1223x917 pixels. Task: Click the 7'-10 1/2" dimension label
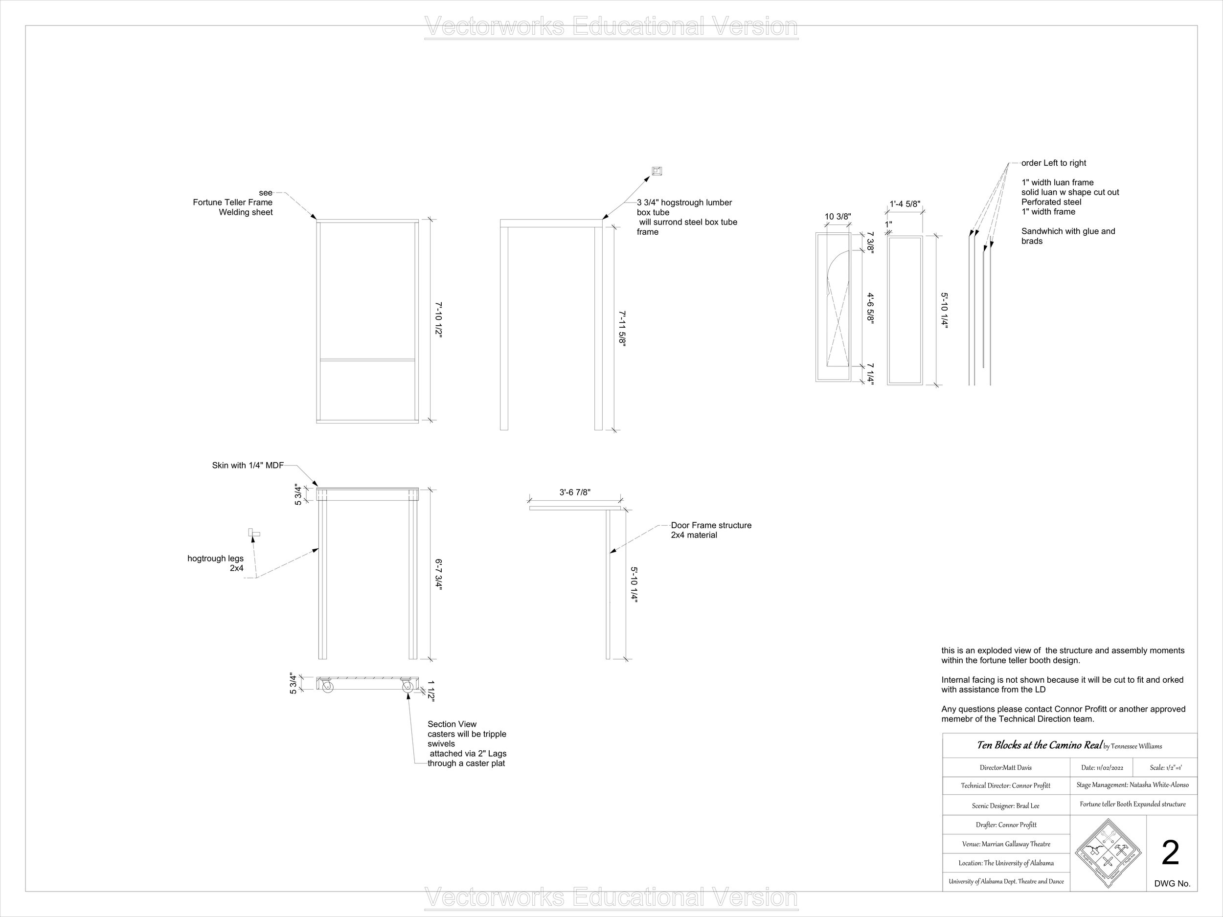(438, 319)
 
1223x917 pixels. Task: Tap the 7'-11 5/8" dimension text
(623, 328)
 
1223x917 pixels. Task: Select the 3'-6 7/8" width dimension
(574, 492)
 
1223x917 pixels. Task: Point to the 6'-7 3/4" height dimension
(438, 575)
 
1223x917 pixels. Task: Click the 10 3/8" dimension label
(838, 217)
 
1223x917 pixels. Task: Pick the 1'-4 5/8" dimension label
(905, 204)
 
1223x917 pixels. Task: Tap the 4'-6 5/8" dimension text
(870, 309)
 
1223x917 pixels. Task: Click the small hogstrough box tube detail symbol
(657, 171)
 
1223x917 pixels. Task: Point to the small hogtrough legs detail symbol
(254, 534)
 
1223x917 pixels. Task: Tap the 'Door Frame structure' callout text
(711, 525)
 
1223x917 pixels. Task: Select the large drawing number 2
(1171, 853)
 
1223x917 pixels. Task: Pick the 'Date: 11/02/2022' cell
(1101, 768)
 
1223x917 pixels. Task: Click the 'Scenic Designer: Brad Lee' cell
(1006, 806)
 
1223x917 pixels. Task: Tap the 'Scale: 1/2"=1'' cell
(1165, 768)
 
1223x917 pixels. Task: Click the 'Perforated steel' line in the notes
(1051, 202)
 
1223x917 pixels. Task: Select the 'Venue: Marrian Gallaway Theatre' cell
(1006, 844)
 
